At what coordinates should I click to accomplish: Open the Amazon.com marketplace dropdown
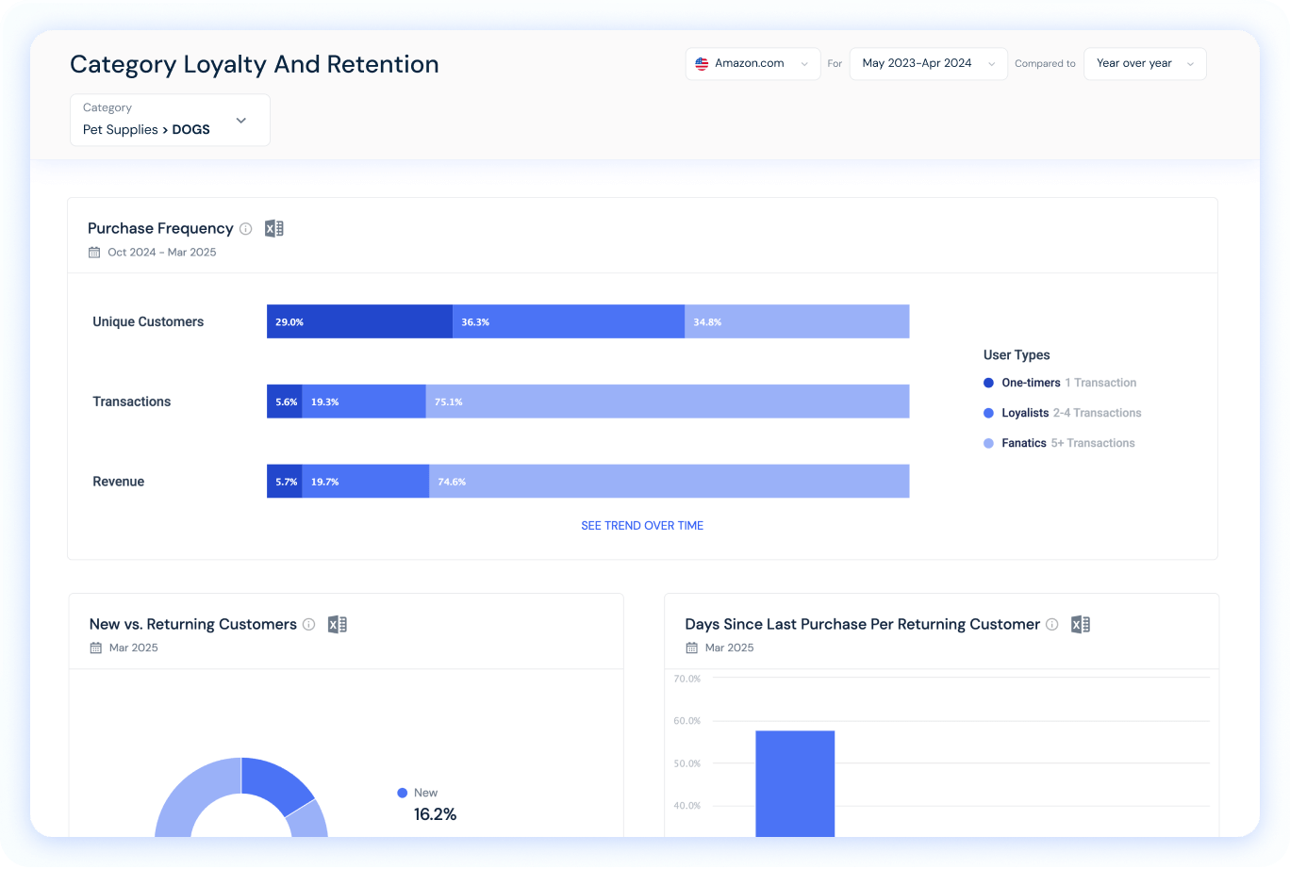[752, 64]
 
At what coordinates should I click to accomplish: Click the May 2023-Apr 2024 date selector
[928, 64]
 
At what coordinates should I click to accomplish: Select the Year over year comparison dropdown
[1144, 64]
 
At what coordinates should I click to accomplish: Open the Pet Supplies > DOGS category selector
[170, 120]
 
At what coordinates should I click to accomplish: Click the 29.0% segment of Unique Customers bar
[359, 321]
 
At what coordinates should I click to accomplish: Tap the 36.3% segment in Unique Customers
[568, 321]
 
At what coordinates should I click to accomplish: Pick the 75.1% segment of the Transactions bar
[667, 402]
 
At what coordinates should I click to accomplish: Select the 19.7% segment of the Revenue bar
[365, 482]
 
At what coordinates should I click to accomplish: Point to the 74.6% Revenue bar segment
[669, 482]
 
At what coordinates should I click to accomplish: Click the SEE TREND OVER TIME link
[642, 526]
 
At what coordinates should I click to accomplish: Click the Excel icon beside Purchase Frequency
[273, 228]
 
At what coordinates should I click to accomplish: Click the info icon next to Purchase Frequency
[246, 228]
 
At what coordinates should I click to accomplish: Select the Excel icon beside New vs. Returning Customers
[338, 624]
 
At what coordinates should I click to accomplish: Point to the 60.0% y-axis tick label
[686, 721]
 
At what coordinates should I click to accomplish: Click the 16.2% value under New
[435, 814]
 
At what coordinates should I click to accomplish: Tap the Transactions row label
[132, 402]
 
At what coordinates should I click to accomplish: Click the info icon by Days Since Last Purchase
[1052, 624]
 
